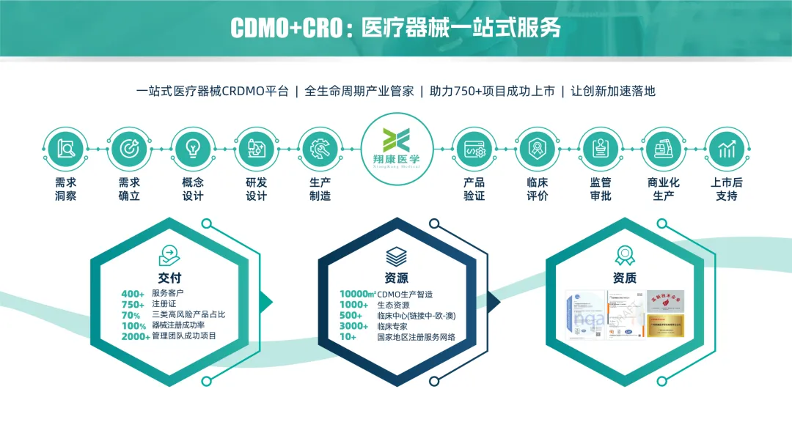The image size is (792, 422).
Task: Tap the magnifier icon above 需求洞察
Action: pyautogui.click(x=65, y=149)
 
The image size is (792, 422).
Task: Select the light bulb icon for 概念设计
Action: pyautogui.click(x=193, y=149)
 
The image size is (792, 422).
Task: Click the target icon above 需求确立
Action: pyautogui.click(x=129, y=149)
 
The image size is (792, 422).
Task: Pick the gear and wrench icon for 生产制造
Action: pyautogui.click(x=320, y=149)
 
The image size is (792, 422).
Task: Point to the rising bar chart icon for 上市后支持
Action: pyautogui.click(x=726, y=149)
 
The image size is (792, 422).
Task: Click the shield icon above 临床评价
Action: pyautogui.click(x=538, y=149)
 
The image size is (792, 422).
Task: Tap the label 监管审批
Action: pyautogui.click(x=601, y=189)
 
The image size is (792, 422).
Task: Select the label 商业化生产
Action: pyautogui.click(x=664, y=189)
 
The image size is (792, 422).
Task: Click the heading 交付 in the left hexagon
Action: pyautogui.click(x=169, y=278)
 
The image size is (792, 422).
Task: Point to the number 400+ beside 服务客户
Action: pyautogui.click(x=133, y=294)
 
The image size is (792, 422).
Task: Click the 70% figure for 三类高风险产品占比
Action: pyautogui.click(x=131, y=315)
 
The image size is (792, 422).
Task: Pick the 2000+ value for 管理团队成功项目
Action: pyautogui.click(x=136, y=336)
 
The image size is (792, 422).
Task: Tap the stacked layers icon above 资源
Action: pyautogui.click(x=397, y=256)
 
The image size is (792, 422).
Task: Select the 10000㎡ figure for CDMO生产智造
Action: pyautogui.click(x=357, y=295)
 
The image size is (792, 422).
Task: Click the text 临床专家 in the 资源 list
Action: pyautogui.click(x=392, y=326)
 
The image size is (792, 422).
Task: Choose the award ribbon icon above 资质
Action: pyautogui.click(x=624, y=255)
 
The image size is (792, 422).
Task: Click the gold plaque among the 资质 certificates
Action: pyautogui.click(x=665, y=325)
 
